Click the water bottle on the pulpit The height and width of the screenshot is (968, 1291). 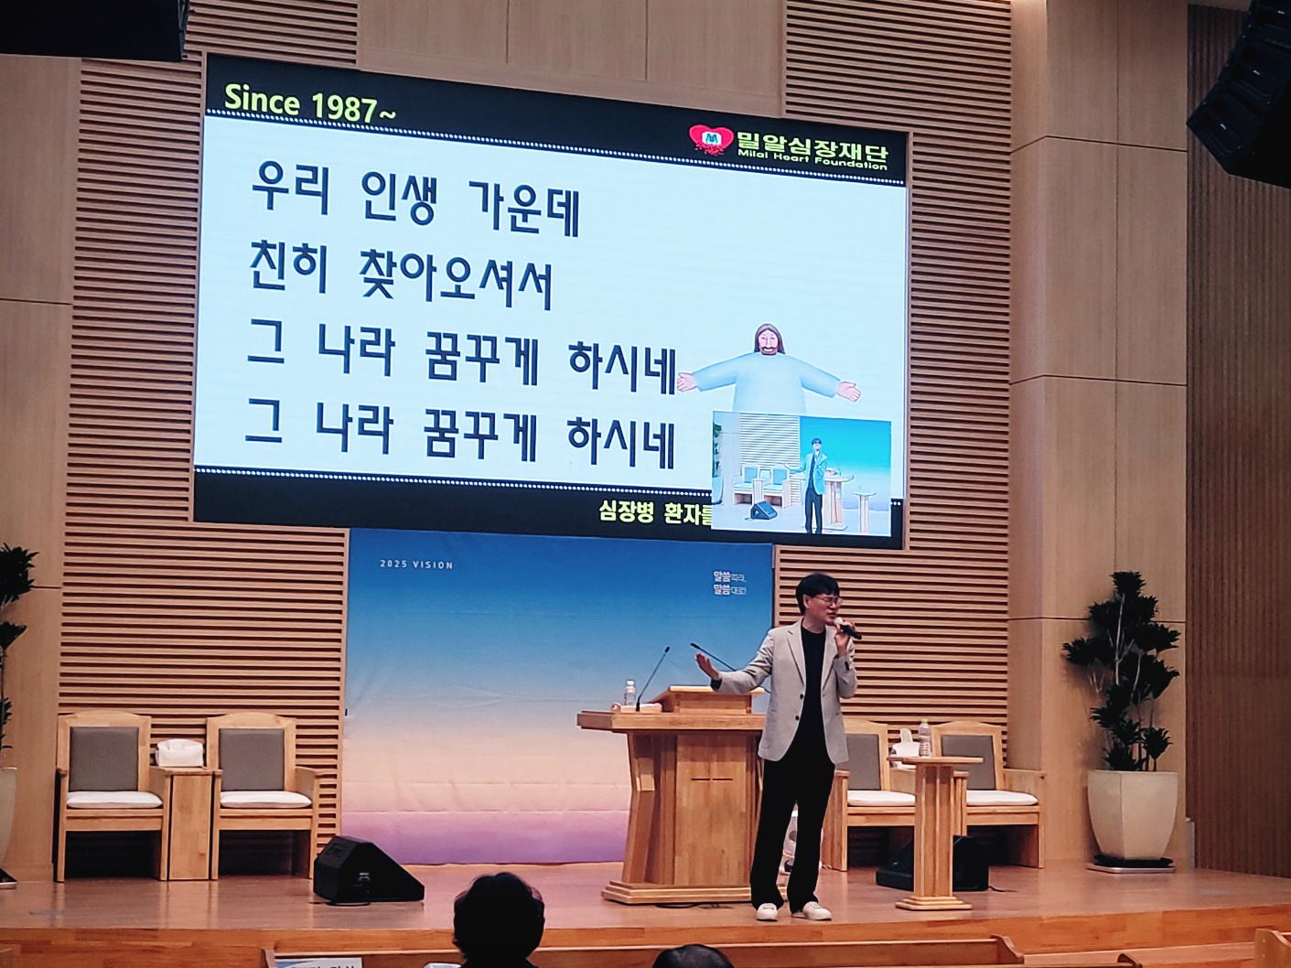pyautogui.click(x=629, y=693)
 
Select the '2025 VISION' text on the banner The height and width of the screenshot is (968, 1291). pyautogui.click(x=416, y=565)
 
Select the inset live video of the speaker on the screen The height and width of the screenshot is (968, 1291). pyautogui.click(x=801, y=473)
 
